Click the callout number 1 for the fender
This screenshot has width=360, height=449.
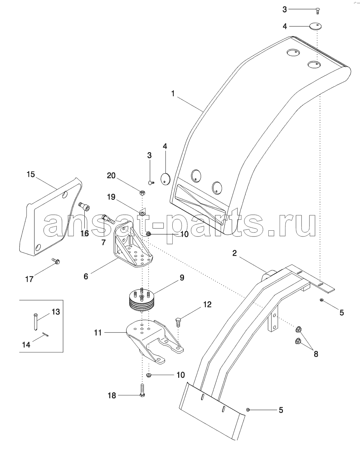coord(173,94)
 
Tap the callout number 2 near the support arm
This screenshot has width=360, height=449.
coord(235,253)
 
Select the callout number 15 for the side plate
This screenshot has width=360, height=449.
coord(31,174)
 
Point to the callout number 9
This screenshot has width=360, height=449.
coord(182,278)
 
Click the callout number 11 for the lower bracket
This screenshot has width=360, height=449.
coord(98,333)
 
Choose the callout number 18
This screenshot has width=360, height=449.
coord(112,396)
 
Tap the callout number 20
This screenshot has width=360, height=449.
coord(111,175)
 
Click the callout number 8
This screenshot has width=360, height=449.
coord(316,354)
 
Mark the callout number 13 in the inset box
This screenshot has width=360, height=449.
coord(56,312)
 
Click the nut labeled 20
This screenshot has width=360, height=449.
coord(142,193)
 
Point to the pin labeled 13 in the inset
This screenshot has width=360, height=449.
coord(36,322)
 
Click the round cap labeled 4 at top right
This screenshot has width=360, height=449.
coord(315,26)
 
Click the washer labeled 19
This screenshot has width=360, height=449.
coord(142,213)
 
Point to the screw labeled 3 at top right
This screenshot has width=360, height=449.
coord(317,11)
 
